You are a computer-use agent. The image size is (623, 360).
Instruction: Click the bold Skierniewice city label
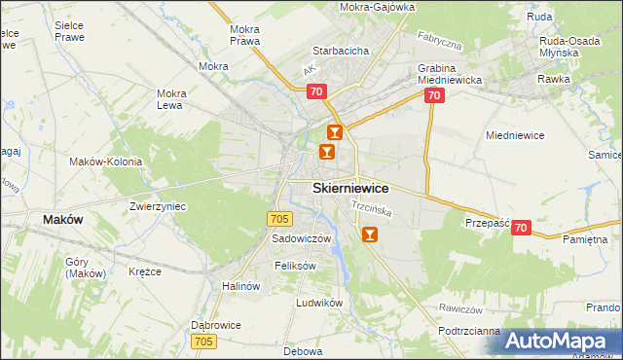coord(350,188)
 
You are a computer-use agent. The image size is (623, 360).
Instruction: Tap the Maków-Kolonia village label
coord(105,162)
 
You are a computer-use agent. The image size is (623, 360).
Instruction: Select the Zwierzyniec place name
coord(158,206)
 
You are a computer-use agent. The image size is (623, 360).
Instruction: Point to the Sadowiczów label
coord(302,238)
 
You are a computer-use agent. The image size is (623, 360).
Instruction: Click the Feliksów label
coord(296,266)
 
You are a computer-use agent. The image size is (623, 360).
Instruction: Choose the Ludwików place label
coord(320,303)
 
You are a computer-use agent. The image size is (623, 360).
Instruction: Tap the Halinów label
coord(241,286)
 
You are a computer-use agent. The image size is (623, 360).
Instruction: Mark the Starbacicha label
coord(339,50)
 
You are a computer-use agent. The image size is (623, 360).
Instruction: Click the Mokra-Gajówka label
coord(377,7)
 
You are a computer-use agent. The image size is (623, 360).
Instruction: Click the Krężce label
coord(144,271)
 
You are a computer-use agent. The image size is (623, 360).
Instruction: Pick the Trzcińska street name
coord(371,208)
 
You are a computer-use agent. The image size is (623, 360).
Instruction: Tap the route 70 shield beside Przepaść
coord(522,228)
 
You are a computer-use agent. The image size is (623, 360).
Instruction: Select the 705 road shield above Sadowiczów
coord(280,219)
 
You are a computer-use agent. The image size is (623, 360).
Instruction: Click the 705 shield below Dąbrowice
coord(203,341)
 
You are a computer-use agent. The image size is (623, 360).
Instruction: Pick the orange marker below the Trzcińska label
coord(369,234)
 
